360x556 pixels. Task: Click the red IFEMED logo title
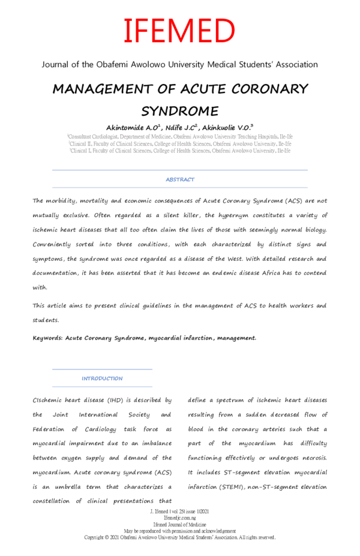pos(179,31)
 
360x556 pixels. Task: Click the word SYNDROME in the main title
pos(179,112)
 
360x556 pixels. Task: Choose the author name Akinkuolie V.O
pos(227,128)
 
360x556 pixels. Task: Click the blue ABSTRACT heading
pos(180,179)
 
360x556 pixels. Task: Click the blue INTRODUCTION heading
pos(102,378)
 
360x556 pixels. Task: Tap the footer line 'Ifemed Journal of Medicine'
pos(179,525)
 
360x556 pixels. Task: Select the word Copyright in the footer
pos(97,537)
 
